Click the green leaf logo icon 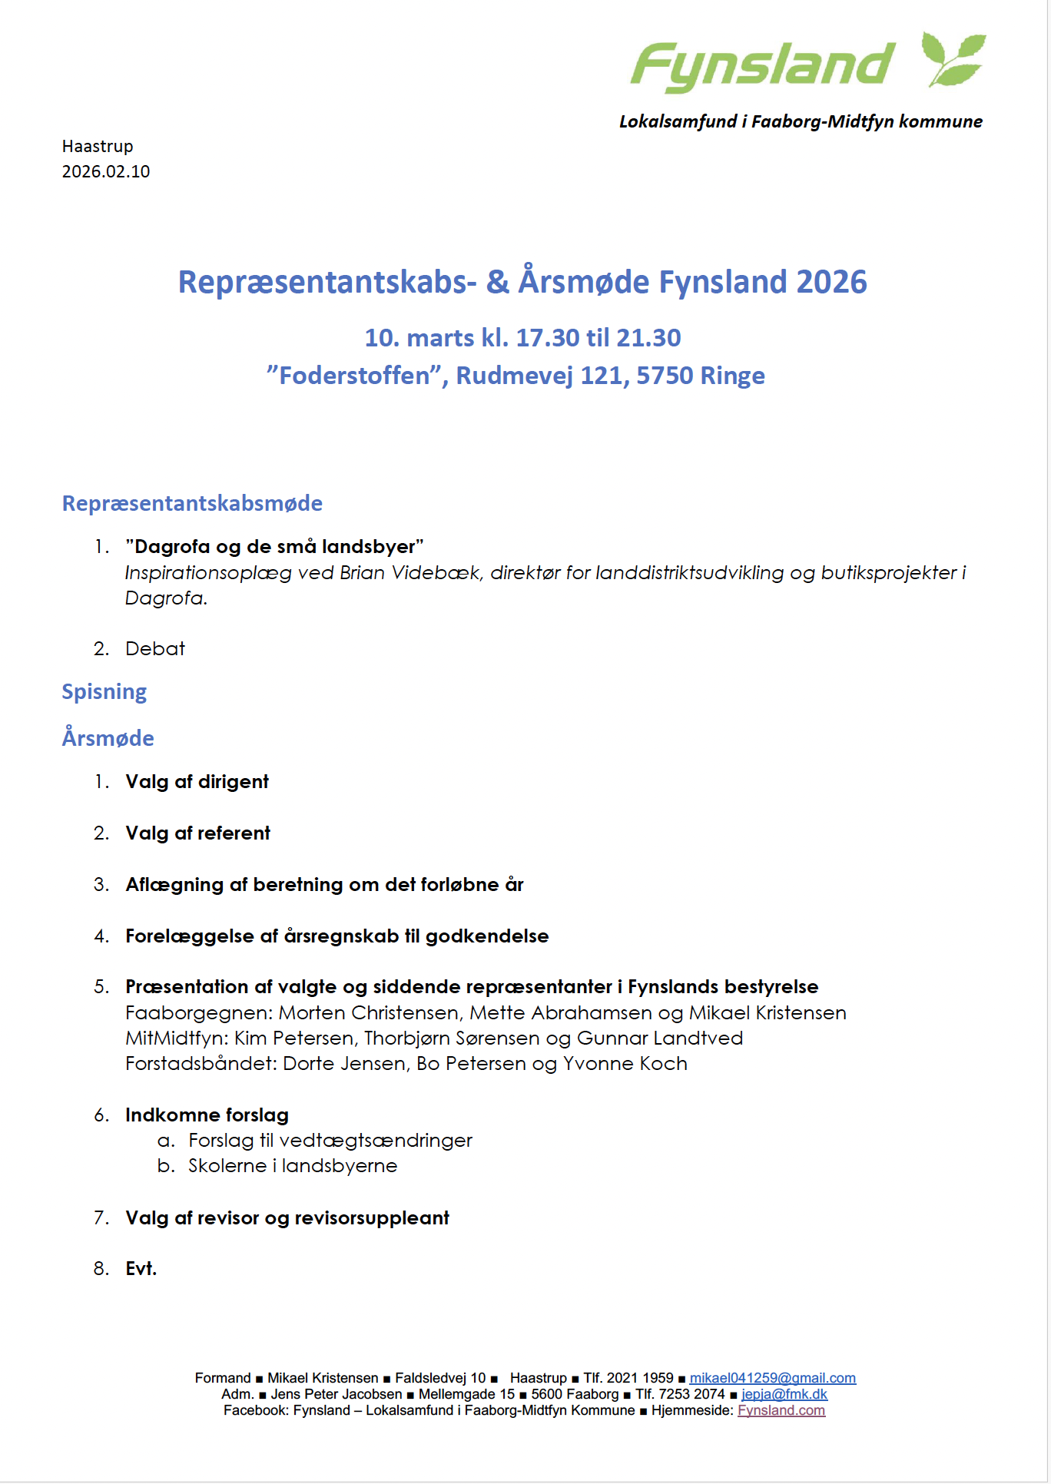[x=953, y=59]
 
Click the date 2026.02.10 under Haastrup [x=106, y=171]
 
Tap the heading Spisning [x=104, y=692]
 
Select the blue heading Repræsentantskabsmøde [x=192, y=504]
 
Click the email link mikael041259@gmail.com [x=772, y=1378]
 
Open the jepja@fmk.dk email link [x=784, y=1394]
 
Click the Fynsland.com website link [x=781, y=1410]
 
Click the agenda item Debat [x=155, y=649]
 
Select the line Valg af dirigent [x=197, y=782]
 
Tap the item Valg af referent [x=197, y=833]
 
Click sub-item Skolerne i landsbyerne [x=293, y=1166]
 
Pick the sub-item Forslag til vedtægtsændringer [x=330, y=1141]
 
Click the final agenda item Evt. [x=141, y=1269]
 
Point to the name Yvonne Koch [x=625, y=1064]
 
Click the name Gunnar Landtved [x=659, y=1038]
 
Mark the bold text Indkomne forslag [x=207, y=1115]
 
